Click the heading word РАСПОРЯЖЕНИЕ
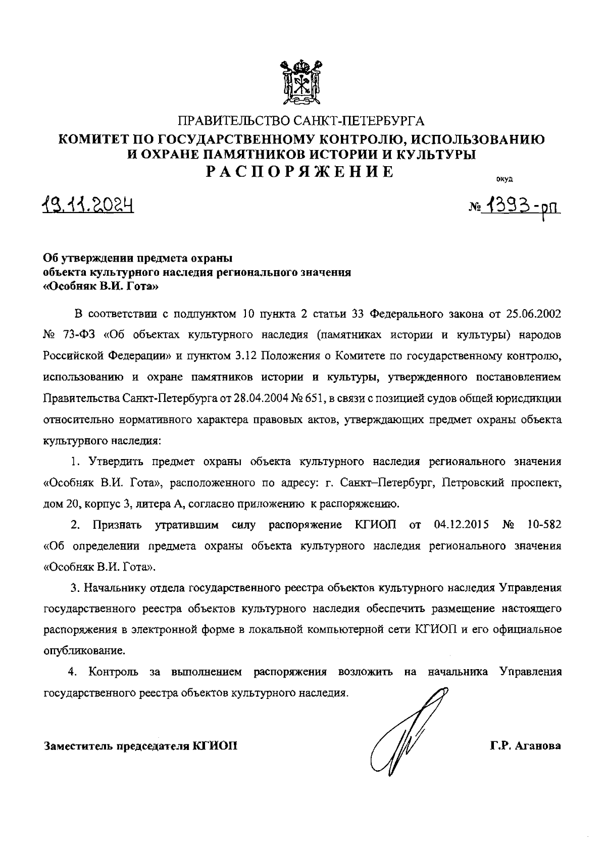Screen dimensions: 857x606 [301, 171]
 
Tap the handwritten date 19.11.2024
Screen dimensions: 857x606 [88, 205]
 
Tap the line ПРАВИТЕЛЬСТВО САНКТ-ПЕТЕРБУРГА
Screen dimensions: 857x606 [301, 121]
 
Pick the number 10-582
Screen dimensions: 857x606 [543, 525]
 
